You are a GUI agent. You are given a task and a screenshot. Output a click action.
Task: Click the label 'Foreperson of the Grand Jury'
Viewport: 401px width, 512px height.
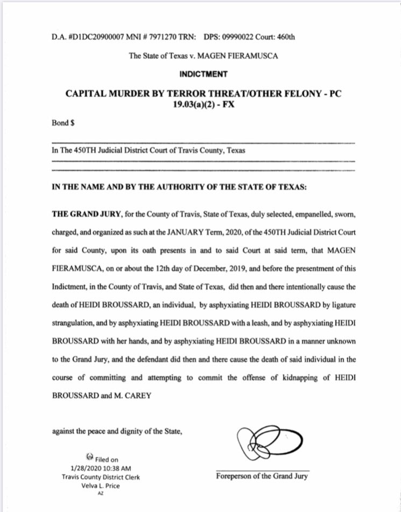click(x=262, y=476)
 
